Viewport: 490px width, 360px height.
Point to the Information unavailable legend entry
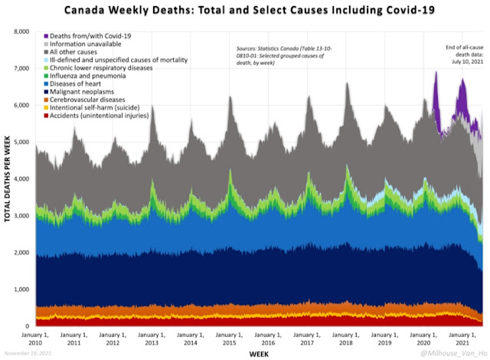coord(85,44)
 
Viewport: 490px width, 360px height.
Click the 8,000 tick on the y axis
coord(19,31)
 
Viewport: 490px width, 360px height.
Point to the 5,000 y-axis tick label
coord(19,142)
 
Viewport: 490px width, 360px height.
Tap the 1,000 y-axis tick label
coord(19,290)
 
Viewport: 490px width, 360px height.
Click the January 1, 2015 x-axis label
coord(230,337)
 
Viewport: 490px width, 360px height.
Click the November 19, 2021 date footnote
coord(26,355)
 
